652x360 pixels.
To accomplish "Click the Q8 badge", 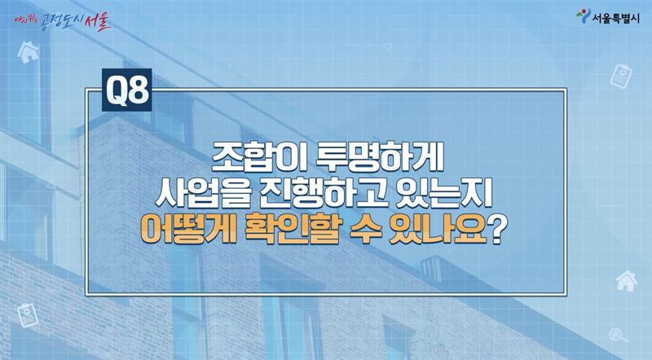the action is (x=127, y=90).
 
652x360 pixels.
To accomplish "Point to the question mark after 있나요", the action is (x=497, y=229).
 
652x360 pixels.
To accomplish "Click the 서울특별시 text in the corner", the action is (x=616, y=19).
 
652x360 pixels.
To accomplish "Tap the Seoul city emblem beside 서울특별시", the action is (x=583, y=15).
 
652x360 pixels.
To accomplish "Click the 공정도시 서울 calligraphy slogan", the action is (x=63, y=21).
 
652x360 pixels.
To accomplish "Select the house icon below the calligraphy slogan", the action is (x=28, y=52).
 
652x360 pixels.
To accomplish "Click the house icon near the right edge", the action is (x=626, y=281).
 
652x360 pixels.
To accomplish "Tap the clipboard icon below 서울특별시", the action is (x=621, y=76).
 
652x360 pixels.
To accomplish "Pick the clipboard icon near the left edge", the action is (x=28, y=315).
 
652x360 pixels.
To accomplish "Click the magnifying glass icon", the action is (x=619, y=336).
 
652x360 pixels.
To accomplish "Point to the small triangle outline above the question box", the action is (x=388, y=46).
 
